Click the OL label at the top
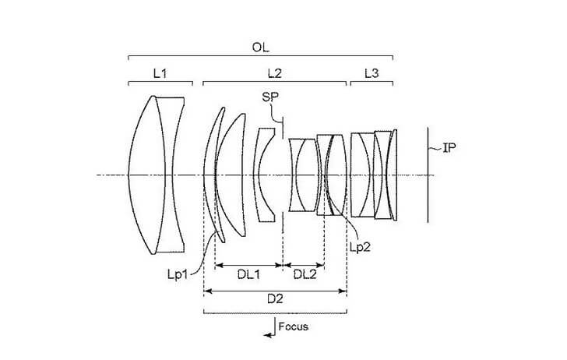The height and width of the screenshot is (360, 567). click(260, 48)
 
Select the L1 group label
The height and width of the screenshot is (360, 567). click(160, 73)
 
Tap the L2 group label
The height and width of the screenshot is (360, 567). click(274, 73)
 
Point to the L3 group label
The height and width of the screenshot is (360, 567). click(372, 73)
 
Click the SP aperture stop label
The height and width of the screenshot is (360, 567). click(271, 97)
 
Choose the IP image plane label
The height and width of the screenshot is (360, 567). click(449, 147)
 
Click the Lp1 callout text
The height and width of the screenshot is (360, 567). click(178, 274)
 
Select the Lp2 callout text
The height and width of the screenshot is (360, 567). click(360, 247)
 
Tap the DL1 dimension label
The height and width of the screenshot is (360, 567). click(248, 274)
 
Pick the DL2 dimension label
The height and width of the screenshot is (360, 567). click(305, 274)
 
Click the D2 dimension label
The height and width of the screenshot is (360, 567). click(275, 299)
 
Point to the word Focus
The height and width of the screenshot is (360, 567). click(294, 326)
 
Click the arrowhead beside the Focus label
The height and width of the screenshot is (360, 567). click(268, 335)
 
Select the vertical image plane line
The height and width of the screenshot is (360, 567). click(428, 175)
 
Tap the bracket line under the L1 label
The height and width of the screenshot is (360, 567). click(160, 83)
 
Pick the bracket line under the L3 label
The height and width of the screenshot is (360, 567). click(372, 83)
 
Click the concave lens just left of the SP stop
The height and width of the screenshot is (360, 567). click(265, 175)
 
